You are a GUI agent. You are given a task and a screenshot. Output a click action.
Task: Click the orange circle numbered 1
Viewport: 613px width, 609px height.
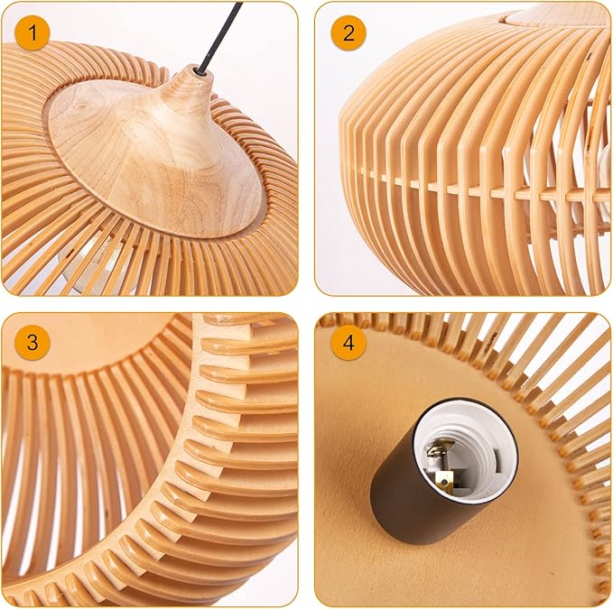(x=33, y=32)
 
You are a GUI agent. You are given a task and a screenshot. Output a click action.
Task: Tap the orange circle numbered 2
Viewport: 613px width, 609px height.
(x=348, y=32)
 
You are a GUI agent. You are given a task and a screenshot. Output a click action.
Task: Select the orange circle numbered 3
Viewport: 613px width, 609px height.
(x=33, y=342)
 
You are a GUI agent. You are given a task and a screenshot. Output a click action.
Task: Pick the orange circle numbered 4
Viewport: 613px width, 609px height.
(x=348, y=343)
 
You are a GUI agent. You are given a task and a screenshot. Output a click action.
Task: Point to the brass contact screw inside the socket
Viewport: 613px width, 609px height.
(x=442, y=477)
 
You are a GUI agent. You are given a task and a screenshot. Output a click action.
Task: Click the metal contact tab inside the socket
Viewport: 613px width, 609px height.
(x=438, y=450)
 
